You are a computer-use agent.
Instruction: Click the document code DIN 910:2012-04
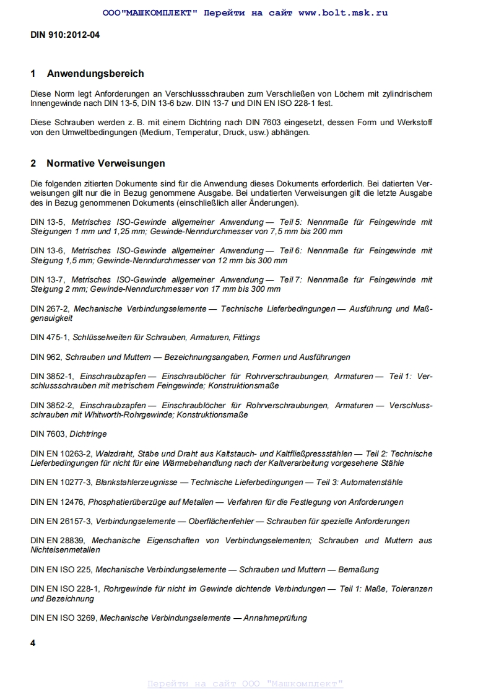point(65,35)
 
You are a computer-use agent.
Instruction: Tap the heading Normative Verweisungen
point(106,164)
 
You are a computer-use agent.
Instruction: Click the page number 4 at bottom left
point(33,643)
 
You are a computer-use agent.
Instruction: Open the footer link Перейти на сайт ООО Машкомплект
point(245,684)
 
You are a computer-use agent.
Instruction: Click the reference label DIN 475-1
point(49,338)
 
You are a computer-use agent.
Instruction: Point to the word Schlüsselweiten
point(100,338)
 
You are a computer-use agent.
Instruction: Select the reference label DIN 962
point(46,357)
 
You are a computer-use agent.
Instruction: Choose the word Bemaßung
point(357,569)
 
